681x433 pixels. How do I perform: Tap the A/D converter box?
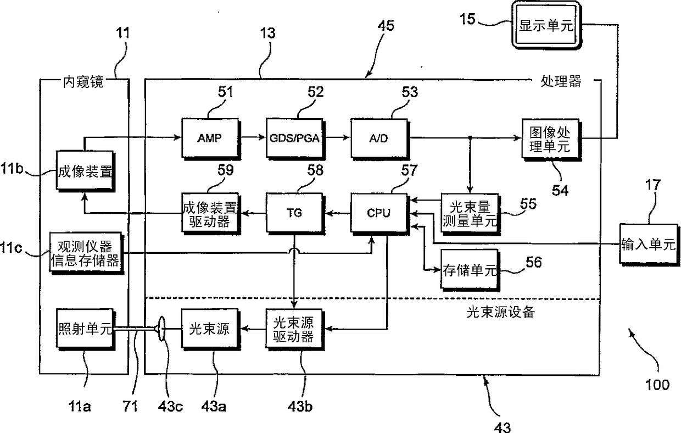[x=379, y=139]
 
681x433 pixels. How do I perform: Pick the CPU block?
[x=379, y=214]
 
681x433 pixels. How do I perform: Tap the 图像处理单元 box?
[x=551, y=140]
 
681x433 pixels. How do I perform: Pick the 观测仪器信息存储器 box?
[x=86, y=253]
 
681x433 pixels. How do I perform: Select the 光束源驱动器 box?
[x=294, y=330]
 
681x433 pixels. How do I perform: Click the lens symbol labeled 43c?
[x=161, y=329]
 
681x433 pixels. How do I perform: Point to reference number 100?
[x=657, y=385]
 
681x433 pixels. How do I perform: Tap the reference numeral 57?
[x=409, y=170]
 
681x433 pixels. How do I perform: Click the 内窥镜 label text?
[x=83, y=82]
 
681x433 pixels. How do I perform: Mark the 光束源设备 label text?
[x=500, y=312]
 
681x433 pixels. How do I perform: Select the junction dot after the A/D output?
[x=470, y=138]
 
